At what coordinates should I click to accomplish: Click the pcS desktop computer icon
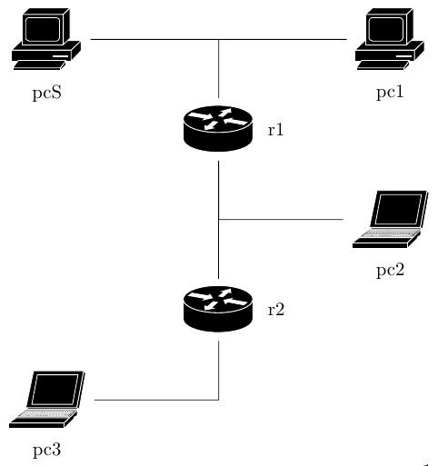[x=46, y=39]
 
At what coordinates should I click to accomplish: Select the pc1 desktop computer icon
[x=390, y=39]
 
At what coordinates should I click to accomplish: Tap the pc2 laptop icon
[x=390, y=219]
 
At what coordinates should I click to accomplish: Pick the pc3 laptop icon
[x=47, y=400]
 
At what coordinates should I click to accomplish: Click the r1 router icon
[x=218, y=129]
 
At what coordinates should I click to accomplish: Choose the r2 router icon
[x=218, y=309]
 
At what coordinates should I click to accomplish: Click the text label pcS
[x=47, y=93]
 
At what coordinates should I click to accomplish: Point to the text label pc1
[x=390, y=92]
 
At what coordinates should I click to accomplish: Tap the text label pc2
[x=391, y=270]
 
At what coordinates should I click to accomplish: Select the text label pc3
[x=47, y=450]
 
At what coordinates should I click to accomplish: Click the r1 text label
[x=275, y=130]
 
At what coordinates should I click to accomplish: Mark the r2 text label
[x=276, y=310]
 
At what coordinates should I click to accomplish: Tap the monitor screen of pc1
[x=386, y=29]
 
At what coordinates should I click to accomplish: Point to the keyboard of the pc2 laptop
[x=390, y=233]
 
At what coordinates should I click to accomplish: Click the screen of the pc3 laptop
[x=55, y=390]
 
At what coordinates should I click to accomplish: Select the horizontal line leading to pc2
[x=281, y=219]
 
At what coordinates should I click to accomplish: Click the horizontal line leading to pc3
[x=156, y=400]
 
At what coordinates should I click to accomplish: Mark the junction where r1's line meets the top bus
[x=219, y=39]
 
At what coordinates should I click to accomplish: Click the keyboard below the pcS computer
[x=39, y=65]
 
